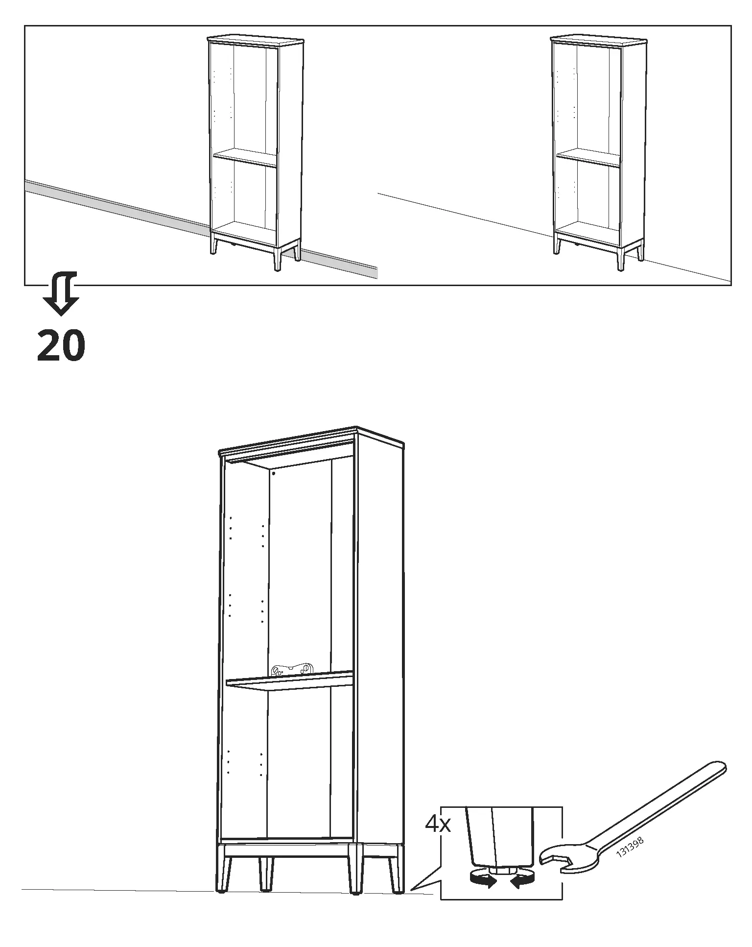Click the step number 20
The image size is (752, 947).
[61, 346]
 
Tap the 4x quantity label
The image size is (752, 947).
[438, 825]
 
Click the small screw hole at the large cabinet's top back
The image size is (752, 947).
[273, 474]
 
